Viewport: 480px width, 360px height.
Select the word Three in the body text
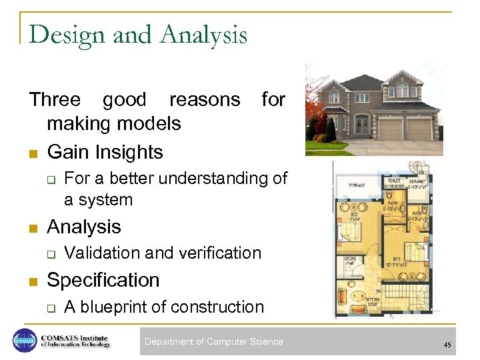tap(55, 99)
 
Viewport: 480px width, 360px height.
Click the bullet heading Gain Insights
tap(105, 152)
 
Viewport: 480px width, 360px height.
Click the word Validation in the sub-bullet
tap(103, 253)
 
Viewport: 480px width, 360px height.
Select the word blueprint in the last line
tap(121, 307)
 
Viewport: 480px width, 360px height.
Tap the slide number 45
tap(446, 345)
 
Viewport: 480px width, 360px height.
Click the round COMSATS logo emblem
tap(24, 341)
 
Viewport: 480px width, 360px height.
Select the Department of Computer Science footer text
tap(213, 342)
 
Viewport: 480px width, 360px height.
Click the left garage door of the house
tap(391, 129)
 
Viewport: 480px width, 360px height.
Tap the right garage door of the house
tap(419, 129)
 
